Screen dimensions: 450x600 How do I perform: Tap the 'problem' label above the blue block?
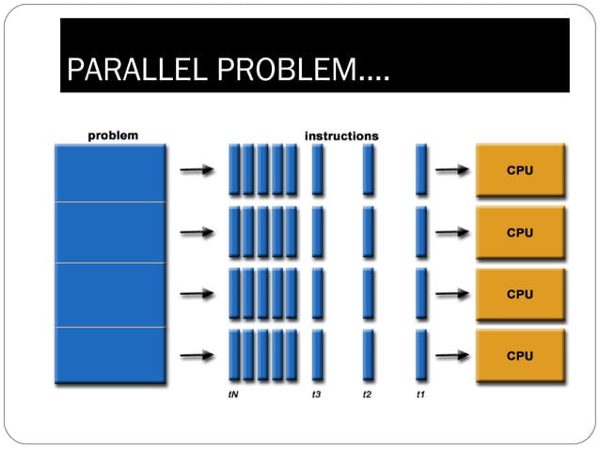[113, 135]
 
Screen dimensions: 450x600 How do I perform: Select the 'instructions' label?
[341, 136]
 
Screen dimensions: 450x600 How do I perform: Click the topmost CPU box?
[520, 170]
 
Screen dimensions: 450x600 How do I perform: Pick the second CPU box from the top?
[520, 233]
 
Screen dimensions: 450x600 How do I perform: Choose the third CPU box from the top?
[520, 294]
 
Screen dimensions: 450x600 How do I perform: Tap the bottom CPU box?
[520, 356]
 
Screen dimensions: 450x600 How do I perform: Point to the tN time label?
[232, 395]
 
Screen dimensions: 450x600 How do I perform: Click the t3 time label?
[317, 395]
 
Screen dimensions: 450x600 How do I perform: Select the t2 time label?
[368, 395]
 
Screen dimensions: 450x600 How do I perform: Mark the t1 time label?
[420, 395]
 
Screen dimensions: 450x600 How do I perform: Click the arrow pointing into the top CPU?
[452, 170]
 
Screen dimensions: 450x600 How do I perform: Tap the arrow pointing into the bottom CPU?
[452, 356]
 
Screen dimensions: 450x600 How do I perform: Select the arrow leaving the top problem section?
[195, 170]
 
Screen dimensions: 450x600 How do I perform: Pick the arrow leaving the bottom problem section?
[195, 356]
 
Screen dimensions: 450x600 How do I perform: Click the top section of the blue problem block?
[110, 172]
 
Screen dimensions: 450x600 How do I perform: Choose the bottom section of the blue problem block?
[110, 356]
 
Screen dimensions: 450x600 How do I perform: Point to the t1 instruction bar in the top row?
[421, 169]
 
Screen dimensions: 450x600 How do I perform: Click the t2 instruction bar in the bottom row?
[369, 355]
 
